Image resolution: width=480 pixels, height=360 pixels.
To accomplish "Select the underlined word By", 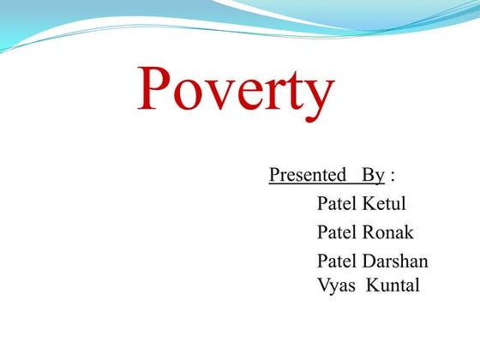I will (372, 176).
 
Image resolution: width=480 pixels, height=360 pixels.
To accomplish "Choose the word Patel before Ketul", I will (338, 204).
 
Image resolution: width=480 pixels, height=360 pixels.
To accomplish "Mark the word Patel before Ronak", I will (338, 232).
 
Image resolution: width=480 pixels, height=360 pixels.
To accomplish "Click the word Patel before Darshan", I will (338, 261).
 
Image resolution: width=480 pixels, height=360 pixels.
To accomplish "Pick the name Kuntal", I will (393, 285).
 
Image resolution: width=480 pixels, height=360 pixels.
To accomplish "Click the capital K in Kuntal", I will (373, 285).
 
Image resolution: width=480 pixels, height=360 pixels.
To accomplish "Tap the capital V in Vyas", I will (323, 285).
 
